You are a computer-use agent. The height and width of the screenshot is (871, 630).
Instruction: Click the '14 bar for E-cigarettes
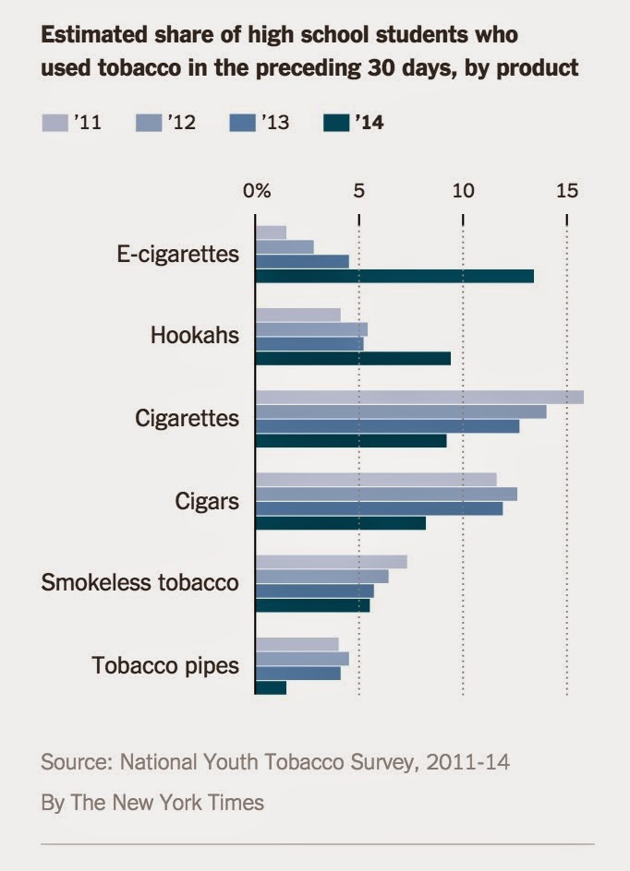(x=394, y=276)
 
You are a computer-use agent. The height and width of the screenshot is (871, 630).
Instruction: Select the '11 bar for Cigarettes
(x=418, y=398)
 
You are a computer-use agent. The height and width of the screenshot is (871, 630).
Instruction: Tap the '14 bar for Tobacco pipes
(x=271, y=687)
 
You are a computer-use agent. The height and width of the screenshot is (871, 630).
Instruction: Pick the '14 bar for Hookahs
(x=353, y=358)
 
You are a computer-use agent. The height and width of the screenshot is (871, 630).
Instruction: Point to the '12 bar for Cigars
(x=386, y=495)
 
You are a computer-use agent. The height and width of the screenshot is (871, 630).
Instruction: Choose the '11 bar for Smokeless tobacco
(x=331, y=562)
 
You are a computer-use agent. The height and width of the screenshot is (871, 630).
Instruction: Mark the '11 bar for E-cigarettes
(x=271, y=233)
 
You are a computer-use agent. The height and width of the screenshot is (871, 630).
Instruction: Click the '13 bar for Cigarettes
(x=387, y=426)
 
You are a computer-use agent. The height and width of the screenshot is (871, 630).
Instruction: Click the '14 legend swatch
(x=337, y=122)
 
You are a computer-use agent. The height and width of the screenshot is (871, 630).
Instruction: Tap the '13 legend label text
(x=275, y=122)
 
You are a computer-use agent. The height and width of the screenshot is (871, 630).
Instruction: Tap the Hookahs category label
(x=195, y=335)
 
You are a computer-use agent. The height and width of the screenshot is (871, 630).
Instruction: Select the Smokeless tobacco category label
(x=140, y=583)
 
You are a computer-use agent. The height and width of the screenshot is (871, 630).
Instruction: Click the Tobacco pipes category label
(x=166, y=665)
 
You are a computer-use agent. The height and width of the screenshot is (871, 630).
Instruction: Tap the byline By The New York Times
(x=152, y=803)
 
